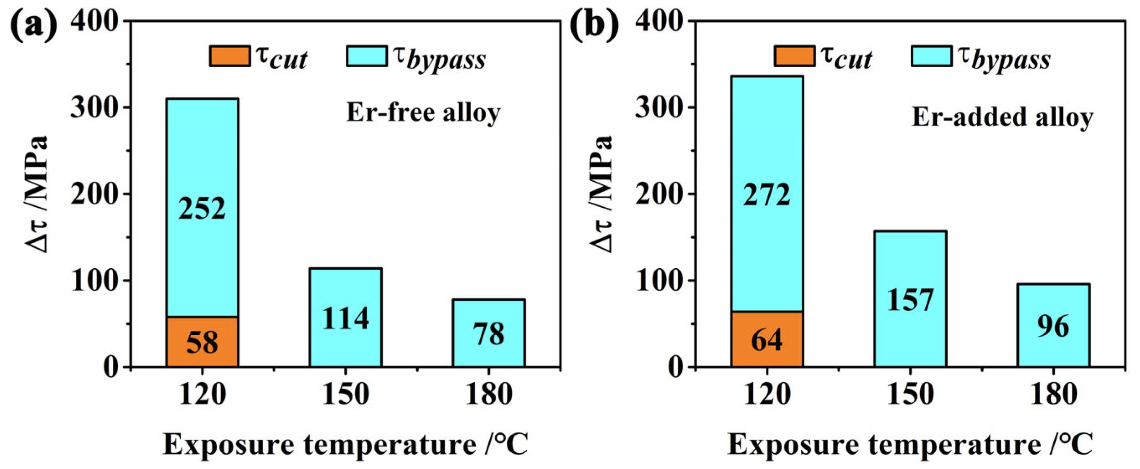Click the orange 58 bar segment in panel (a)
[x=202, y=342]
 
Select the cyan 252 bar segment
[x=202, y=208]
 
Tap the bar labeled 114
[x=345, y=317]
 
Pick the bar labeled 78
[x=489, y=333]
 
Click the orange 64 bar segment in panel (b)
[x=767, y=339]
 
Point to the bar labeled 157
[x=910, y=299]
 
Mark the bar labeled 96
[x=1053, y=325]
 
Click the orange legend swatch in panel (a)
[x=229, y=57]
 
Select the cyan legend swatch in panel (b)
[x=931, y=57]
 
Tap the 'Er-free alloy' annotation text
[x=423, y=113]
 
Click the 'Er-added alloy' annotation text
[x=1003, y=118]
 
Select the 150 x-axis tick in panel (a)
[x=345, y=394]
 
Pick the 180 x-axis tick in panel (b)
[x=1053, y=394]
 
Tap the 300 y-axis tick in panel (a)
[x=94, y=108]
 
